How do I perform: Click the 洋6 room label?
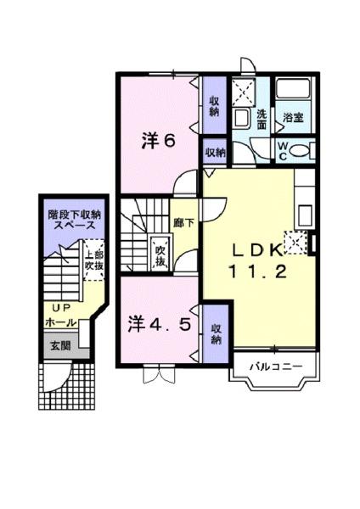[x=159, y=142]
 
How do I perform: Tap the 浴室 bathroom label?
[x=294, y=115]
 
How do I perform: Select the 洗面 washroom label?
[x=262, y=120]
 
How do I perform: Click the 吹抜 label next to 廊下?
[x=160, y=255]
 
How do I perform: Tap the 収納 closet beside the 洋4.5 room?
[x=216, y=334]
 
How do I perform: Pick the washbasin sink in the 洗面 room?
[x=241, y=117]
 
